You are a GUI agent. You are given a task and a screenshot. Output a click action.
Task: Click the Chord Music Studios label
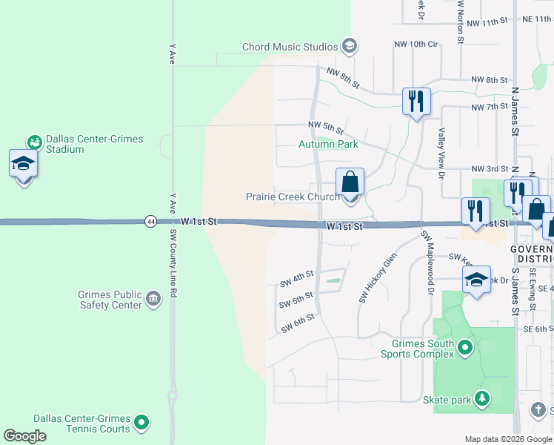[x=292, y=47]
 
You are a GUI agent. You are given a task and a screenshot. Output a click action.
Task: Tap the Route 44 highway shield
[x=151, y=222]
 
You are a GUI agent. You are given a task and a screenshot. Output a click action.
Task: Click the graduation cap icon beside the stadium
[x=23, y=164]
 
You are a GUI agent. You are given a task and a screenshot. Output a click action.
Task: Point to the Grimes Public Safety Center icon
[x=153, y=300]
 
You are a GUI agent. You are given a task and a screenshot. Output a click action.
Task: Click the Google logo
[x=25, y=436]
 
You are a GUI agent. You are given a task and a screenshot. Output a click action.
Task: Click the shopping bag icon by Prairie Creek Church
[x=350, y=182]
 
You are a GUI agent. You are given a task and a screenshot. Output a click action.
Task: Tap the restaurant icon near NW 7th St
[x=416, y=100]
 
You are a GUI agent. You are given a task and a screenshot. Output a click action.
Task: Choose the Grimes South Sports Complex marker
[x=465, y=347]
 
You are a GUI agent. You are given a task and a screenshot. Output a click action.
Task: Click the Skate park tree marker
[x=482, y=400]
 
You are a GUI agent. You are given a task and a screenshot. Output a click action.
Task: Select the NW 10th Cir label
[x=416, y=44]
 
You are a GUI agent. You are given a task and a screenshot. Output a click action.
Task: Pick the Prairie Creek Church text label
[x=293, y=197]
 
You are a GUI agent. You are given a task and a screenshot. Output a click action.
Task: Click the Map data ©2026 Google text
[x=508, y=439]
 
